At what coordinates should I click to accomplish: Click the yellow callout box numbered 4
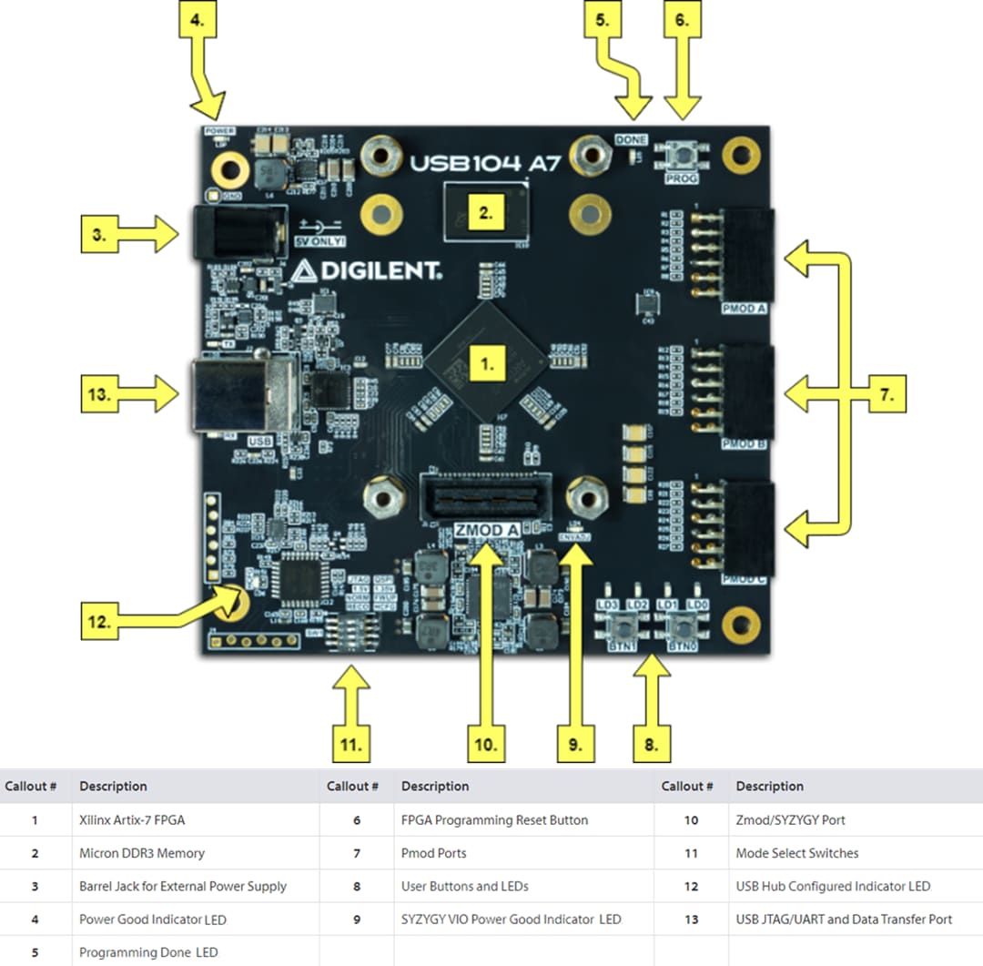pos(205,19)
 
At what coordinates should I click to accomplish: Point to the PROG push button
pos(681,156)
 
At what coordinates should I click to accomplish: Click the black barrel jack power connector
pos(234,233)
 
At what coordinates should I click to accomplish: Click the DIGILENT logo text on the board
pos(368,270)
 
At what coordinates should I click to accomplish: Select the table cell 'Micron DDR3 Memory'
pos(142,853)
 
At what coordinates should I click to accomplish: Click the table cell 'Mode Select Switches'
pos(796,853)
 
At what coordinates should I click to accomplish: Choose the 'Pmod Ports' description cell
pos(433,853)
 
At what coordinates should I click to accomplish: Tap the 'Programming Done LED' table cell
pos(148,952)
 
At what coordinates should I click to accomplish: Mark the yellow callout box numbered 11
pos(352,744)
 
